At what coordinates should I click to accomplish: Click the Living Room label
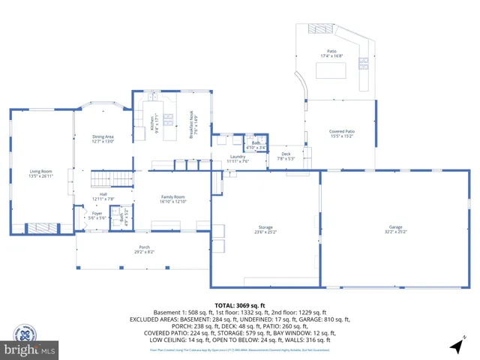click(42, 173)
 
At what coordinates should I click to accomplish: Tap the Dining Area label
click(103, 139)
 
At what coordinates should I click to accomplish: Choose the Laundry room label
click(238, 158)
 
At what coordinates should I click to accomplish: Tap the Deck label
click(286, 157)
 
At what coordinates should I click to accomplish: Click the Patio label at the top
click(331, 53)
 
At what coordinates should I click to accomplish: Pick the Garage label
click(395, 229)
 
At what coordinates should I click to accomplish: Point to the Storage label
click(265, 229)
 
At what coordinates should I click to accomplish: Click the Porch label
click(144, 250)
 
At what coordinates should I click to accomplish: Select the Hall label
click(103, 196)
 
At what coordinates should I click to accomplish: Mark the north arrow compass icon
click(456, 346)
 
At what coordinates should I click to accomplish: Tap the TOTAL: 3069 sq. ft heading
click(240, 305)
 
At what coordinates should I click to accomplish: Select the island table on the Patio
click(331, 71)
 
